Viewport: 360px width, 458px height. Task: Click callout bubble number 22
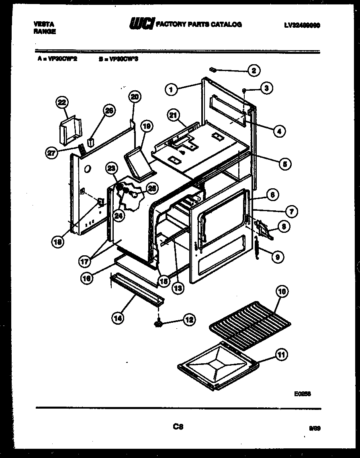coord(61,103)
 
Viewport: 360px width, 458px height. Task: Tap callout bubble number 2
coord(254,71)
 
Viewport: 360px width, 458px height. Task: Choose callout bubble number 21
coord(173,116)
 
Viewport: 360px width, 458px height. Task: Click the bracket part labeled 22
coord(70,130)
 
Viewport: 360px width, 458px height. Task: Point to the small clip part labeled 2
coord(214,70)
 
